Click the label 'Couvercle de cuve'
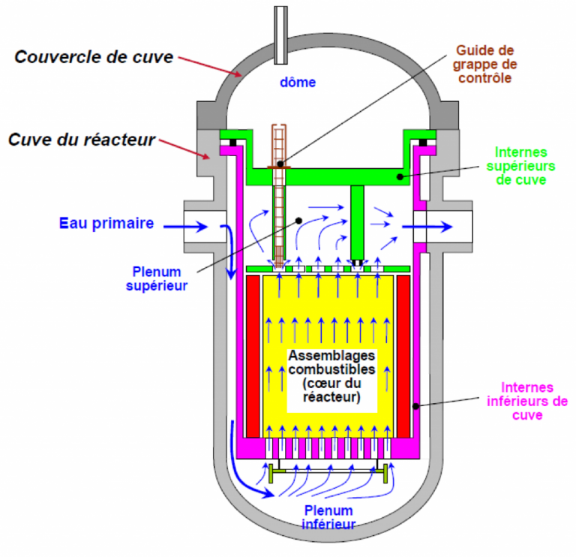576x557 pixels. tap(94, 57)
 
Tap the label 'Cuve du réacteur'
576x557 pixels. tap(82, 140)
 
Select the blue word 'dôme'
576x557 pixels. tap(298, 82)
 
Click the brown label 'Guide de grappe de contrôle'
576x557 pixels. tap(484, 64)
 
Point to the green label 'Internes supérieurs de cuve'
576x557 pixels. tap(520, 166)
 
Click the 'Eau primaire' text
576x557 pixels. tap(106, 223)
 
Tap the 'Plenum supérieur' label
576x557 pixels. tap(157, 278)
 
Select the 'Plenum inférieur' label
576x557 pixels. tap(328, 517)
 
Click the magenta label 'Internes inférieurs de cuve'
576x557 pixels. tap(527, 401)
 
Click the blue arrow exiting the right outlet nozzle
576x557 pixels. tap(427, 227)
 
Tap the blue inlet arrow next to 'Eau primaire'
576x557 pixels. tap(185, 227)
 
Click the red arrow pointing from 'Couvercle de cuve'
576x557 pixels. tap(210, 67)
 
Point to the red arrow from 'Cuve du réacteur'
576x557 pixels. tap(184, 149)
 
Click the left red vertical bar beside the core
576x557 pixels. tap(253, 357)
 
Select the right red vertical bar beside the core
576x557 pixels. tap(403, 357)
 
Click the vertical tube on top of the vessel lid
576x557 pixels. tap(280, 35)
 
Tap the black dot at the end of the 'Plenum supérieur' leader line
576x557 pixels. tap(298, 221)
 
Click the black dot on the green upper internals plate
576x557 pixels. tap(400, 177)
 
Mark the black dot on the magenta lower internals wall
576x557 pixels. tap(415, 406)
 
